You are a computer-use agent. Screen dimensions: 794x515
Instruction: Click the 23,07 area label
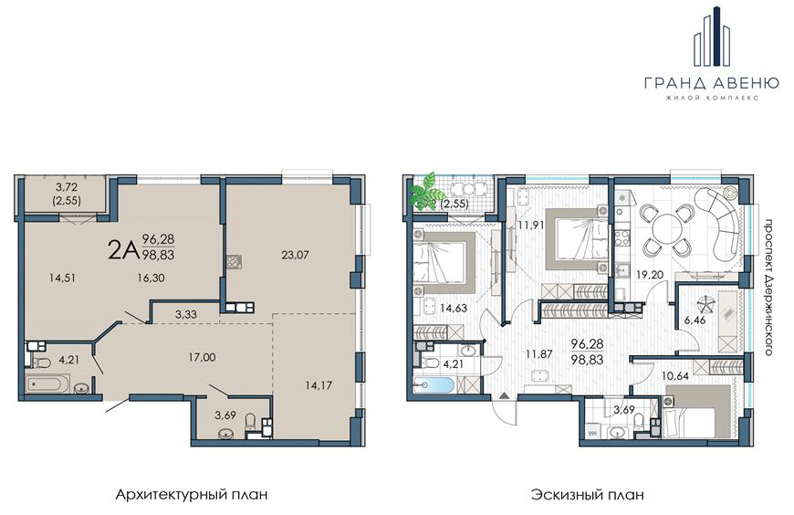tap(295, 255)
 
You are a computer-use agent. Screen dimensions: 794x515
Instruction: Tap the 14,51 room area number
tap(63, 278)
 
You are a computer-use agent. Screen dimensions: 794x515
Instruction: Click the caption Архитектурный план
tap(192, 494)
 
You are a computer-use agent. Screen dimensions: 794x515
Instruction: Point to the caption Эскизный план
tap(588, 494)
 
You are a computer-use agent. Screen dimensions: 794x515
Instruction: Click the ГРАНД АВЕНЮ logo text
tap(712, 82)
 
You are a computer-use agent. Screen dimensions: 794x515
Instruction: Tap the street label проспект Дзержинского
tap(768, 288)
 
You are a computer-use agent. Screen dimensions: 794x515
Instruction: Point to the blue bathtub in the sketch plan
tap(434, 385)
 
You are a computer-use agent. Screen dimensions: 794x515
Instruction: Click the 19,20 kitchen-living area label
tap(650, 274)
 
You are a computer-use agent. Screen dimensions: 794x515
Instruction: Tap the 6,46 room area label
tap(695, 320)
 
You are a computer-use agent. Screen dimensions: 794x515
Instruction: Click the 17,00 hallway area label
tap(202, 357)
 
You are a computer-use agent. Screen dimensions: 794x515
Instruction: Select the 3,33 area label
tap(186, 314)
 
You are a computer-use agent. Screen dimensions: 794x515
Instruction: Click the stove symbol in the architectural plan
tap(235, 261)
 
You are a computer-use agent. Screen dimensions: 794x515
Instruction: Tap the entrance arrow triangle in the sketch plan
tap(504, 394)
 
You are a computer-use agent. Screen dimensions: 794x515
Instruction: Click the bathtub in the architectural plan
tap(47, 384)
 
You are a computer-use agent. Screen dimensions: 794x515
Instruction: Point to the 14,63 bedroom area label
tap(454, 308)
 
